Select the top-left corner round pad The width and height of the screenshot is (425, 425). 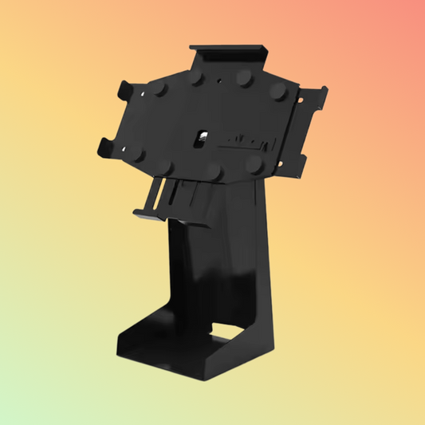pos(158,88)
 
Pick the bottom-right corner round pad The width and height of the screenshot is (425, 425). pos(253,164)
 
